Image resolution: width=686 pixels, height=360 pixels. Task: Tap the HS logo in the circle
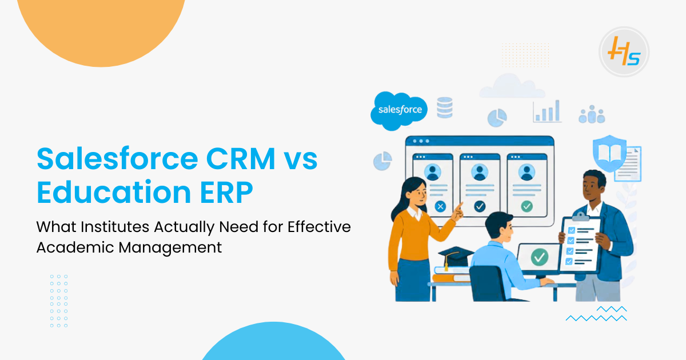tap(624, 52)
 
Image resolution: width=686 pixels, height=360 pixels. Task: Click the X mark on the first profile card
tap(440, 206)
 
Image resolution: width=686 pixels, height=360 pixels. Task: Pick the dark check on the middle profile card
tap(480, 206)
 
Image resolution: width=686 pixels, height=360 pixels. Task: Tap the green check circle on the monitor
tap(539, 257)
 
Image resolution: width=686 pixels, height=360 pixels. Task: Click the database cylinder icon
tap(444, 107)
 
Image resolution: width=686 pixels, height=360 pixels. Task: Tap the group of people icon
tap(591, 115)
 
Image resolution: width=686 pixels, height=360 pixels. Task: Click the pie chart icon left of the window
tap(382, 161)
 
